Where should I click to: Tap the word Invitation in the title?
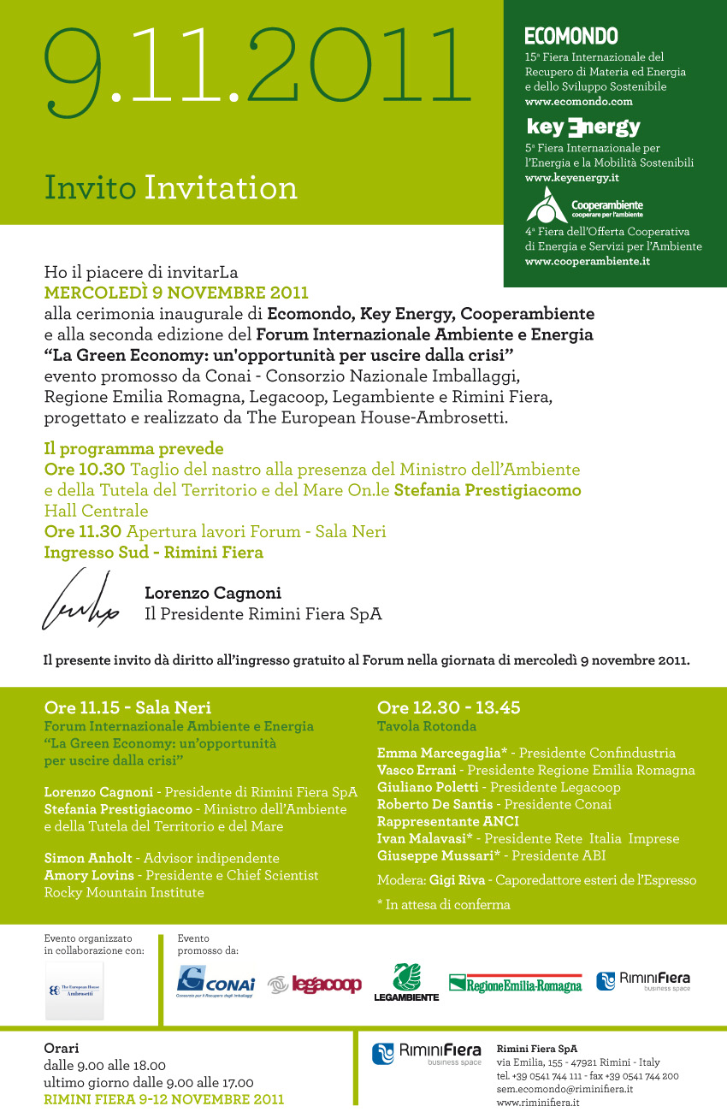tap(221, 187)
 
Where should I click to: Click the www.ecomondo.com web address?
tap(578, 101)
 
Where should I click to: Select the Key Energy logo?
tap(583, 127)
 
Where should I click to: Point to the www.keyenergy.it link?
tap(571, 178)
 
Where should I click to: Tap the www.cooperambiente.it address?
tap(587, 261)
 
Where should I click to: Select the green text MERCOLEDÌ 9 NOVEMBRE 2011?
tap(176, 293)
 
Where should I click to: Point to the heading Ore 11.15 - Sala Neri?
tap(127, 707)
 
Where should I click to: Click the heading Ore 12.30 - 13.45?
tap(448, 707)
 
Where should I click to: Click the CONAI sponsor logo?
tap(216, 981)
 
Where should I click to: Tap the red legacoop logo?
tap(315, 985)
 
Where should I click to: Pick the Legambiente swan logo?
tap(406, 981)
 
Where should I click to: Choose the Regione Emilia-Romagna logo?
tap(515, 984)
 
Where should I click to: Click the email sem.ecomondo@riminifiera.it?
tap(564, 1089)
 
